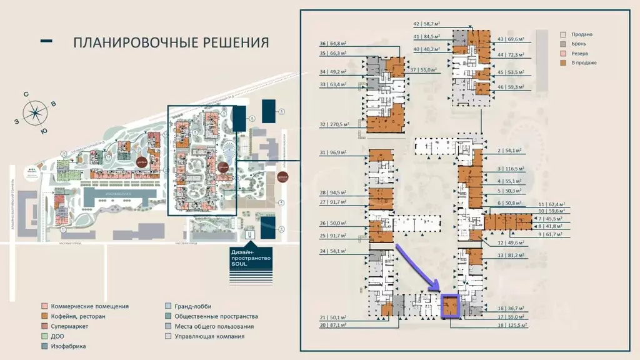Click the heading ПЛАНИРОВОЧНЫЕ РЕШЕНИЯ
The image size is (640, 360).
(x=171, y=42)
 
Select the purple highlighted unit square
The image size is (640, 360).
(x=450, y=306)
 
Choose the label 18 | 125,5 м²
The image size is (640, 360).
(x=509, y=326)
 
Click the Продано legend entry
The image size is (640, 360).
(x=581, y=34)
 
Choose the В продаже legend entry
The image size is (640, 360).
(x=582, y=62)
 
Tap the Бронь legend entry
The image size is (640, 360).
(x=579, y=44)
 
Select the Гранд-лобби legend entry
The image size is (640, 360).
(x=192, y=306)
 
